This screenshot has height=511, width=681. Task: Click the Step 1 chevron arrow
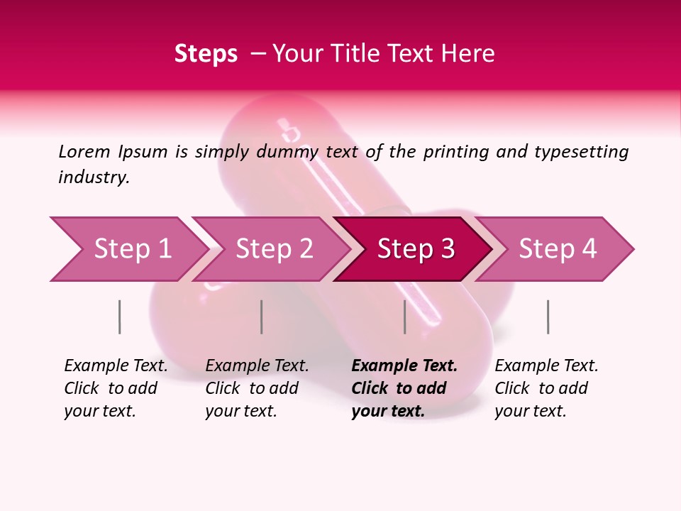click(x=128, y=249)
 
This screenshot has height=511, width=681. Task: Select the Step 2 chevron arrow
click(x=273, y=249)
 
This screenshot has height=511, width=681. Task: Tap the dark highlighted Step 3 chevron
click(x=415, y=249)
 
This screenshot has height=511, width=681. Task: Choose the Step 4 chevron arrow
click(x=557, y=249)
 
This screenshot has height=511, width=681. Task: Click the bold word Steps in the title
click(x=206, y=54)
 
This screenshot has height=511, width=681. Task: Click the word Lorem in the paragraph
click(x=84, y=152)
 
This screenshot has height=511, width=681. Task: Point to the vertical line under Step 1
click(x=119, y=317)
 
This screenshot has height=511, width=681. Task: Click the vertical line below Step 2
click(x=262, y=317)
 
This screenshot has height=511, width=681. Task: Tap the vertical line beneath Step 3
click(x=404, y=317)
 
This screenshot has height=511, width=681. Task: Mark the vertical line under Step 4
click(x=548, y=317)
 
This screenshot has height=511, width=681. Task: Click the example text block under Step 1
click(x=116, y=388)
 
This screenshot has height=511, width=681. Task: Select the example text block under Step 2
click(x=257, y=388)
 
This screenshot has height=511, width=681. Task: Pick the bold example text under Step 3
click(x=404, y=388)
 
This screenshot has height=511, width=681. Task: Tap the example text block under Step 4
click(x=546, y=388)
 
